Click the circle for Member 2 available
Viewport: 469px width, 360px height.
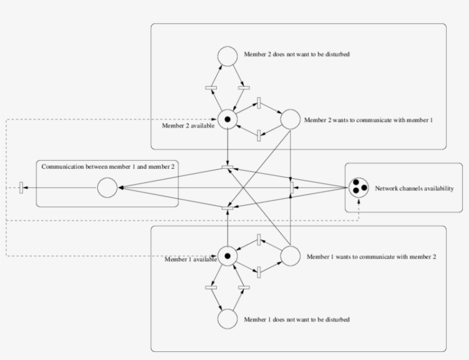click(x=228, y=120)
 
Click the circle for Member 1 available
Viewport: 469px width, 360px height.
click(x=228, y=256)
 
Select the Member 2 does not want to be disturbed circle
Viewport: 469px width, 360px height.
click(x=228, y=56)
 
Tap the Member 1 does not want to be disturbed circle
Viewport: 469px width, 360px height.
click(x=228, y=319)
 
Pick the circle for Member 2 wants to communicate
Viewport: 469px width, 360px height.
click(x=290, y=120)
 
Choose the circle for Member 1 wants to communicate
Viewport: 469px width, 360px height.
click(x=290, y=256)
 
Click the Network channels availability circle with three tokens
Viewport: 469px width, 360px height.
click(x=359, y=187)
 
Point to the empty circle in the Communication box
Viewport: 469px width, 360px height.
click(x=107, y=187)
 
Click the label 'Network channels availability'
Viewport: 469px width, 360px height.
click(x=414, y=188)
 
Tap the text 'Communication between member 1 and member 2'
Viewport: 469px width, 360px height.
click(x=108, y=167)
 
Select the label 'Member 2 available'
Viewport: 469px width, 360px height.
click(x=188, y=126)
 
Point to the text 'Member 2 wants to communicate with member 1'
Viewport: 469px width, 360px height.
click(x=369, y=120)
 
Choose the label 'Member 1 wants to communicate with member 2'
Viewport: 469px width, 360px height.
click(x=371, y=256)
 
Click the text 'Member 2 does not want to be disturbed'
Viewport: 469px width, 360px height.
click(x=296, y=55)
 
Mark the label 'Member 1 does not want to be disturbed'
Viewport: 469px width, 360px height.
click(x=296, y=319)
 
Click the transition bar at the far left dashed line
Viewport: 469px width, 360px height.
click(x=21, y=187)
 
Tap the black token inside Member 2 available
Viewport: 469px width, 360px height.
click(x=228, y=120)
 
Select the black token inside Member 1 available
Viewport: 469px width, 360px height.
click(x=228, y=256)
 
